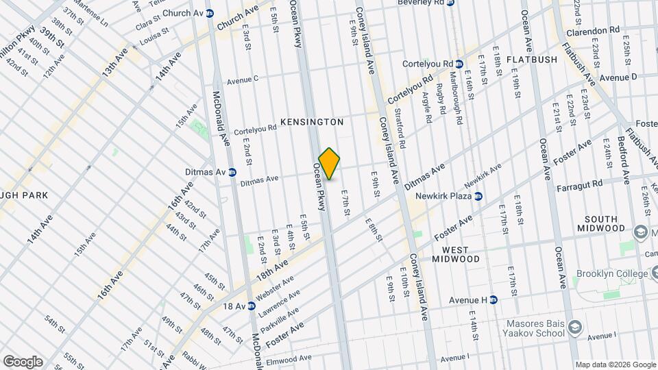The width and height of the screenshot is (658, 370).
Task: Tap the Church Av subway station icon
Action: tap(210, 13)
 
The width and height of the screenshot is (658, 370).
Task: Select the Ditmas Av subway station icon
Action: tap(232, 172)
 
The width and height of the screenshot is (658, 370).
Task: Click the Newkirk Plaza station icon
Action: tap(478, 197)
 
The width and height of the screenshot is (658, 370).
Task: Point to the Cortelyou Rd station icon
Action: tap(459, 64)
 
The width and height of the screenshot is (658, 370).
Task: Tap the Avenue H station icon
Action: tap(493, 299)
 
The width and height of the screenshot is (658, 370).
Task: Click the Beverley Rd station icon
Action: tap(450, 3)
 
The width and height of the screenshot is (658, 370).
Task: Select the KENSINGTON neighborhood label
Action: tap(311, 121)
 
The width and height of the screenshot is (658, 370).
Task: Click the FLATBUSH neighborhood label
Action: tap(532, 60)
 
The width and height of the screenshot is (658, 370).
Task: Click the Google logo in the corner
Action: tap(23, 361)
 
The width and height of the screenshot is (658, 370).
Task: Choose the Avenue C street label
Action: tap(242, 79)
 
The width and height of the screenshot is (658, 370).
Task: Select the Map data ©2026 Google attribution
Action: tap(616, 364)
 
